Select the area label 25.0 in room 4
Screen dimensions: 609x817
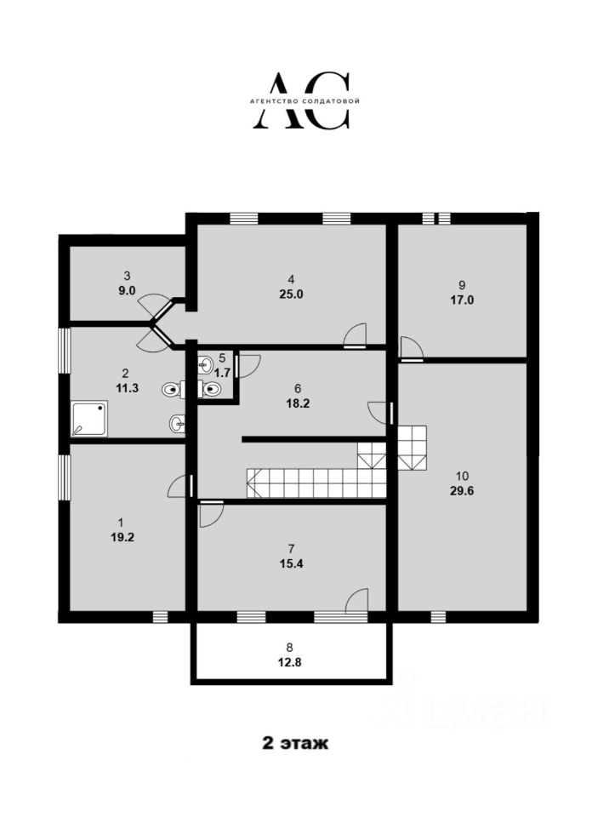click(291, 294)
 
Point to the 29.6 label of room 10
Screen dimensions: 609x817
click(462, 490)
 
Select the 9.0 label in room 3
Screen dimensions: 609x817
click(127, 290)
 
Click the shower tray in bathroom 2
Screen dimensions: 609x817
click(90, 419)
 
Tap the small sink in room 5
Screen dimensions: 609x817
click(205, 366)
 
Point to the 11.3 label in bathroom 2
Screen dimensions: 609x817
click(125, 387)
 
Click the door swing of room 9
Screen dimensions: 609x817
click(411, 347)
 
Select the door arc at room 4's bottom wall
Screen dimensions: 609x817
click(355, 336)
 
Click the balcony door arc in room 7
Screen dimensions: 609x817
click(357, 599)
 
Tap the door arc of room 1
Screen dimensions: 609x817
click(179, 486)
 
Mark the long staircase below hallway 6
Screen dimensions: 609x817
click(315, 483)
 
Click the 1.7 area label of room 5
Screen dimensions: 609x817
click(223, 372)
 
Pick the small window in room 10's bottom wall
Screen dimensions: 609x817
click(438, 616)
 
